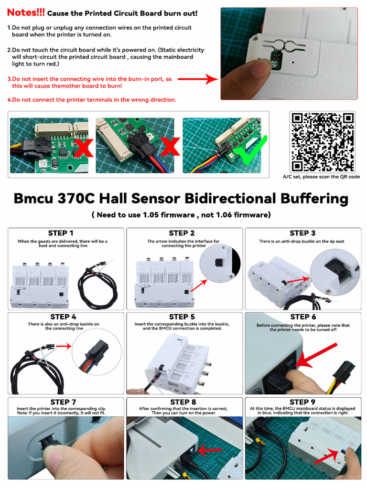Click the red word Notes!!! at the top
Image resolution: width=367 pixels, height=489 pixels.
pyautogui.click(x=26, y=12)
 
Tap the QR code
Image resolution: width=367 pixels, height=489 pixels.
pyautogui.click(x=323, y=141)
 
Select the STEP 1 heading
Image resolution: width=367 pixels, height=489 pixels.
pyautogui.click(x=61, y=233)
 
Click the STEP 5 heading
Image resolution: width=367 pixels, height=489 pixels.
pyautogui.click(x=182, y=317)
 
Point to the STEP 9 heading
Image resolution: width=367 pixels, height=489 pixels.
pyautogui.click(x=302, y=402)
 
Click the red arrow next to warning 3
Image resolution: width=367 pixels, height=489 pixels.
pyautogui.click(x=198, y=79)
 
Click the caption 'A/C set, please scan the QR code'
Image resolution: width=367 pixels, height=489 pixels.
pyautogui.click(x=321, y=177)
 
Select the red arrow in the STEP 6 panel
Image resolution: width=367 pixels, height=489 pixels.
pyautogui.click(x=315, y=355)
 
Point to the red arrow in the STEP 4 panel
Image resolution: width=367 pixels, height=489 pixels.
pyautogui.click(x=64, y=346)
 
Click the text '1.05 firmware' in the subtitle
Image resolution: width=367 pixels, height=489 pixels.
pyautogui.click(x=169, y=215)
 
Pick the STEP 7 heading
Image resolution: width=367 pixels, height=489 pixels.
pyautogui.click(x=64, y=402)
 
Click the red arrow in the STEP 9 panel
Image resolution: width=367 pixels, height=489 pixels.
pyautogui.click(x=326, y=456)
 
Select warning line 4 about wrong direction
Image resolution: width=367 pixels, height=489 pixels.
pyautogui.click(x=92, y=100)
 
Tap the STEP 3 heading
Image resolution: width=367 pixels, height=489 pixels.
pyautogui.click(x=302, y=233)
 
